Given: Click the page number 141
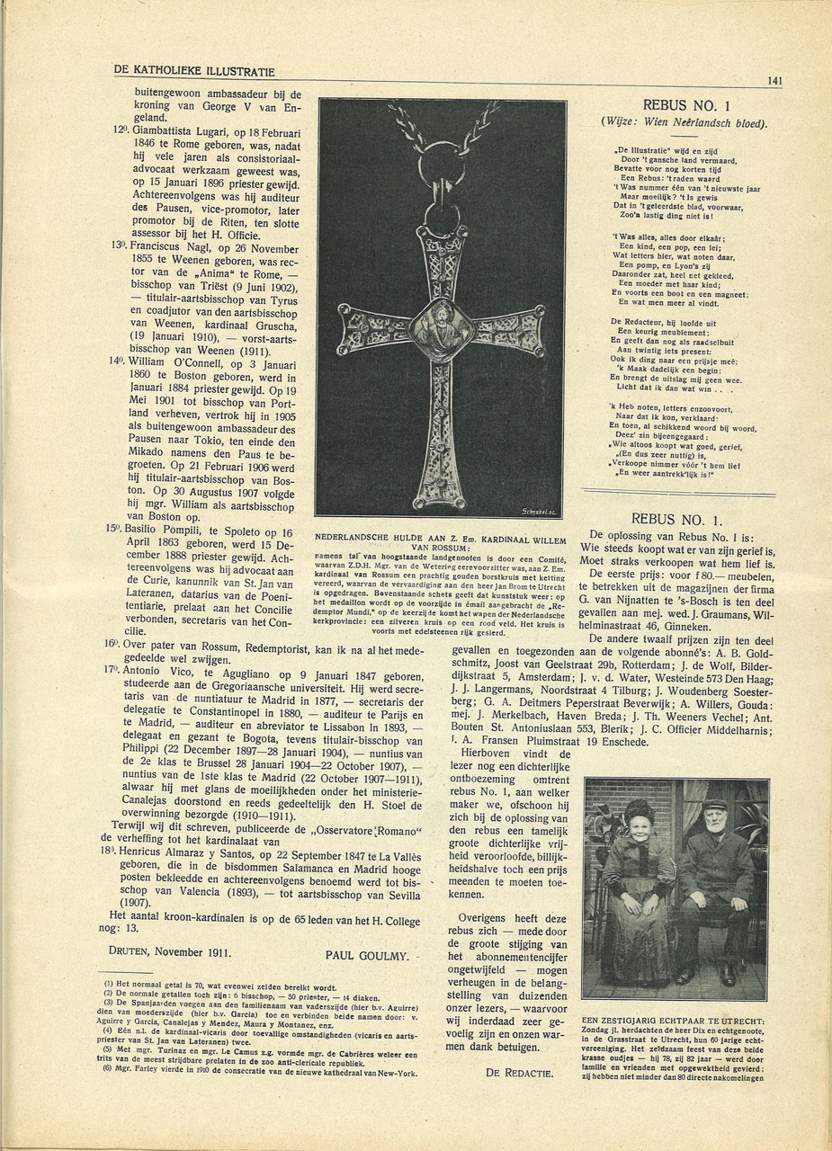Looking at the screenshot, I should click(x=774, y=80).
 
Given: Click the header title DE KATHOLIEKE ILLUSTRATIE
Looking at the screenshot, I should click(x=194, y=71).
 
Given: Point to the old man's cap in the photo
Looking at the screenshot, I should click(x=715, y=803).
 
